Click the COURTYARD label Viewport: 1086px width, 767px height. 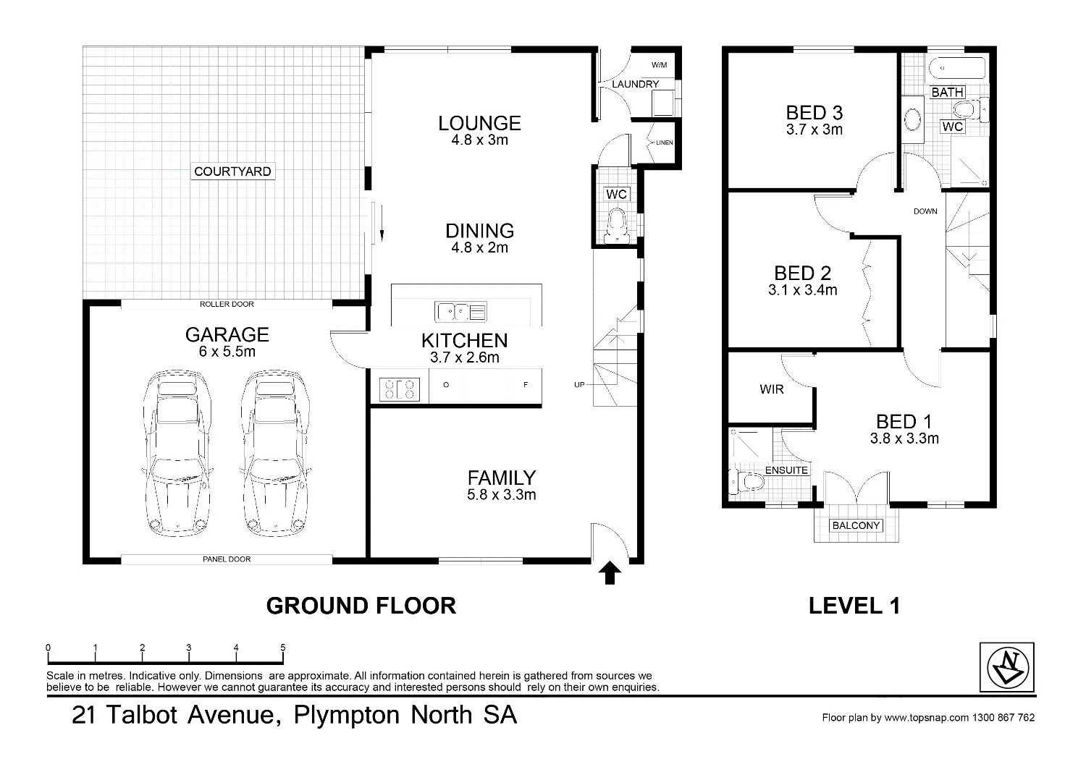[x=232, y=171]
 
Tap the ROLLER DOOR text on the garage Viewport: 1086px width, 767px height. [x=227, y=304]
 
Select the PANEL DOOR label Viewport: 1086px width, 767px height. [x=227, y=559]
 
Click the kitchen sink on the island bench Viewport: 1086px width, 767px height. [x=460, y=312]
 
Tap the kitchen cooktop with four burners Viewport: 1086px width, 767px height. [x=400, y=389]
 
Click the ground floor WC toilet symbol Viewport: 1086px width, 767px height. [x=617, y=224]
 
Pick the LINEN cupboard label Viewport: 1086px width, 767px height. [x=664, y=143]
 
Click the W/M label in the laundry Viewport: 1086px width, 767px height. [x=658, y=65]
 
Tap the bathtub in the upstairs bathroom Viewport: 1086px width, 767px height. [x=956, y=67]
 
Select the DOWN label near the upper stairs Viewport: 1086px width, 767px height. [x=925, y=211]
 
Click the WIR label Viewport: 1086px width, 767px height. [x=771, y=389]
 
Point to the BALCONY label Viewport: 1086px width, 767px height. [x=856, y=525]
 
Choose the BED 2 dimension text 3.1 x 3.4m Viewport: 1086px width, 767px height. [x=802, y=291]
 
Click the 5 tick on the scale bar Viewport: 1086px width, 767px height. [x=283, y=648]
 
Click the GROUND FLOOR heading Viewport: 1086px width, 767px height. [x=361, y=606]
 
